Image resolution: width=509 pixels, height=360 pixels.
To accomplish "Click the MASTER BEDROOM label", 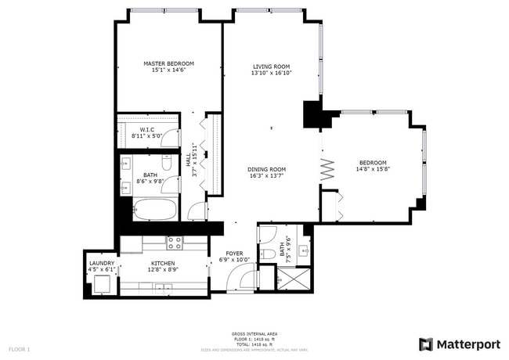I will pyautogui.click(x=168, y=63).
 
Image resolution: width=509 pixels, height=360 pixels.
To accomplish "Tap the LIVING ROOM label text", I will pyautogui.click(x=271, y=67).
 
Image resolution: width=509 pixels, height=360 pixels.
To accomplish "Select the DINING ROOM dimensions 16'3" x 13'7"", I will pyautogui.click(x=266, y=175).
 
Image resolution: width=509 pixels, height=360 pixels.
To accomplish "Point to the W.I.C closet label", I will pyautogui.click(x=146, y=129).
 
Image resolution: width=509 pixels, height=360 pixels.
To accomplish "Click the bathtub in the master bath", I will pyautogui.click(x=154, y=210).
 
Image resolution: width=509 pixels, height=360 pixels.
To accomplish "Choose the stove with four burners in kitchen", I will pyautogui.click(x=174, y=242).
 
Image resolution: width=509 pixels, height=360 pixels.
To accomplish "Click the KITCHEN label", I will pyautogui.click(x=163, y=264).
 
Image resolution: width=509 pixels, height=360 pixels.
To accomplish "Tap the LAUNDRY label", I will pyautogui.click(x=102, y=264).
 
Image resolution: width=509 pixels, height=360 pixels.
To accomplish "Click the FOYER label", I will pyautogui.click(x=234, y=254).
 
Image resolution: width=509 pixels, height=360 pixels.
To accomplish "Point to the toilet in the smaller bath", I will pyautogui.click(x=266, y=252).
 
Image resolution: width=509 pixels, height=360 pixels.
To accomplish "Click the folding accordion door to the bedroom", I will pyautogui.click(x=327, y=167).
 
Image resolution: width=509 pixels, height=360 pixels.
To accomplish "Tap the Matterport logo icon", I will pyautogui.click(x=426, y=344).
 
